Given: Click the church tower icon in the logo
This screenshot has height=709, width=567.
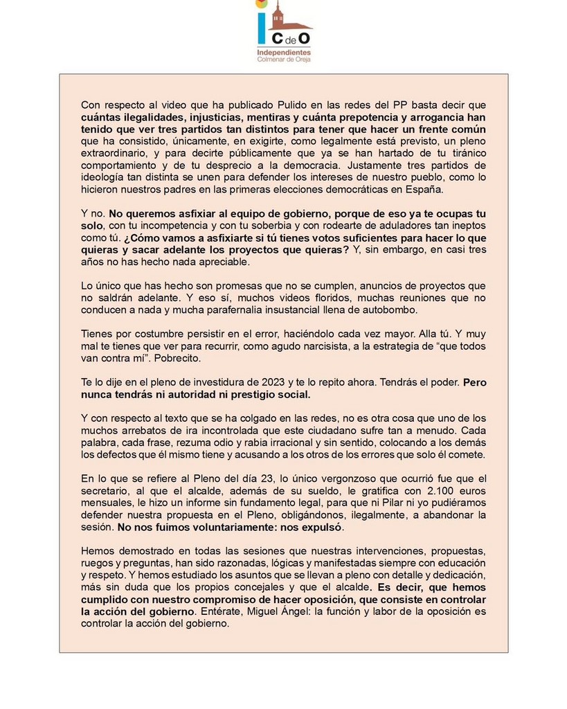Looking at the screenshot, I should point(278,17).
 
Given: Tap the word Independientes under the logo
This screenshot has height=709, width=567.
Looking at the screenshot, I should point(284,52).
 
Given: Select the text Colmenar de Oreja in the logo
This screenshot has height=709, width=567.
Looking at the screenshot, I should point(284,60).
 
